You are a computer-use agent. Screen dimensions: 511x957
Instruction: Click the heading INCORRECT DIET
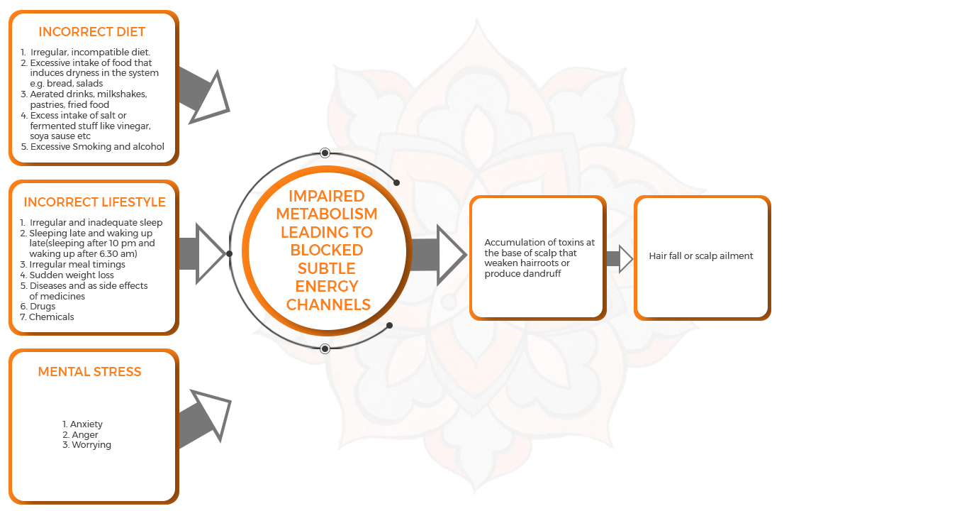coord(91,32)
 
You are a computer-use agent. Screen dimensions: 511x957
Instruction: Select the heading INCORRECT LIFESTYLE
coord(94,202)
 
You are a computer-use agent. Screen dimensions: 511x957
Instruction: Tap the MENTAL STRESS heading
coord(89,372)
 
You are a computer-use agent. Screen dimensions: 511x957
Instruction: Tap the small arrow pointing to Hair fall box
coord(620,258)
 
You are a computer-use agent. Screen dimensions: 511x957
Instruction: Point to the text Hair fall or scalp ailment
coord(701,255)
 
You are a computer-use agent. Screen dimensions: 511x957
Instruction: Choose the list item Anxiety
coord(86,424)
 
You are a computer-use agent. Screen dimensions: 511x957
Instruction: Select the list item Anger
coord(85,435)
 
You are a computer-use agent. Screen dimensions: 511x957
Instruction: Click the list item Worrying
coord(91,445)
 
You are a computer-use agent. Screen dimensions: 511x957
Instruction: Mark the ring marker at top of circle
coord(325,153)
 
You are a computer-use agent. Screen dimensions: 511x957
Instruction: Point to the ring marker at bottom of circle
coord(325,348)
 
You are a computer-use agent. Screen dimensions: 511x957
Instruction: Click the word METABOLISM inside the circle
coord(327,214)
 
